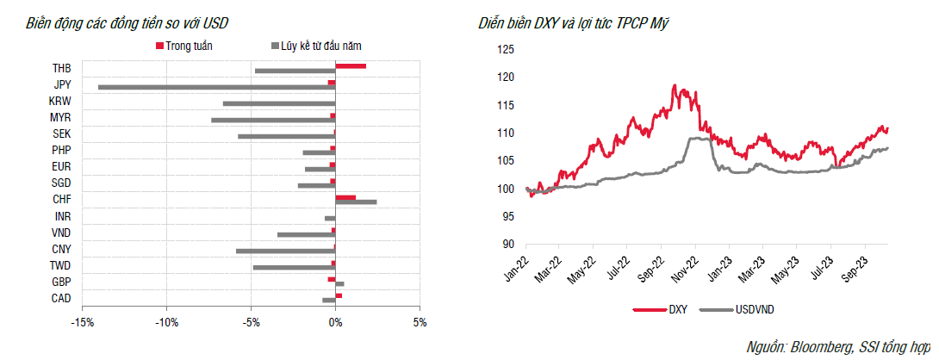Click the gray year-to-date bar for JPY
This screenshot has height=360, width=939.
point(215,87)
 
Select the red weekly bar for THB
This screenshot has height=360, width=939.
point(351,65)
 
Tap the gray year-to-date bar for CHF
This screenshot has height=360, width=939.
point(356,202)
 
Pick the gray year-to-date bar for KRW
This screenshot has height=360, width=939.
point(278,103)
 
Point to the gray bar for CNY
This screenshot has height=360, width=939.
point(285,251)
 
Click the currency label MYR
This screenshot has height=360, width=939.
point(60,117)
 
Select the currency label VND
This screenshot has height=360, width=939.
point(61,233)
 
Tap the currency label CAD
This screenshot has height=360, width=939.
point(61,298)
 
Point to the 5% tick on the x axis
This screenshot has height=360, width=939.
point(419,323)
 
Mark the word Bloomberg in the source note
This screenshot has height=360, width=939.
point(820,347)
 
